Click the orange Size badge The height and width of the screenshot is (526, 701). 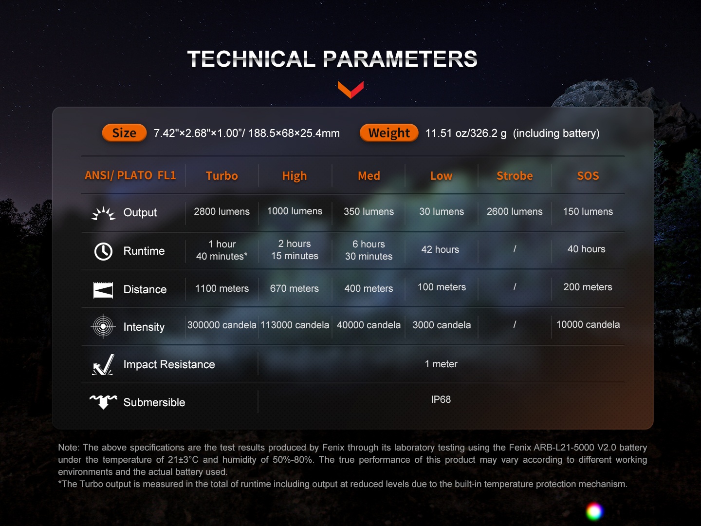(124, 133)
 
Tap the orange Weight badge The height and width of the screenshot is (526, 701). (389, 133)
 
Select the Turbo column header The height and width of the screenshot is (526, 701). (221, 176)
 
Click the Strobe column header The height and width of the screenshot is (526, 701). (515, 176)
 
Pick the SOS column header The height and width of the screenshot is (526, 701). (588, 176)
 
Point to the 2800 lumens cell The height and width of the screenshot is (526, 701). (221, 211)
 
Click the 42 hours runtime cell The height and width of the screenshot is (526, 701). (440, 249)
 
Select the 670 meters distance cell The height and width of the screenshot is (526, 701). (294, 288)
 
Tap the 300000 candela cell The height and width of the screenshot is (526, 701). (221, 325)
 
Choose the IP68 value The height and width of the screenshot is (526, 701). (441, 399)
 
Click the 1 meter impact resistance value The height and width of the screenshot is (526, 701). (441, 364)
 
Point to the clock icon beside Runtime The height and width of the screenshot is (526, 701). (103, 251)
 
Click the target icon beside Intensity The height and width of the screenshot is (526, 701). (103, 326)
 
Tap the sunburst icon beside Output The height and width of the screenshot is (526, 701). (103, 214)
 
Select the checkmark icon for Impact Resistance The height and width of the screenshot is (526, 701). (103, 365)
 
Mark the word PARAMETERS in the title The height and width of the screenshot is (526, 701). (400, 59)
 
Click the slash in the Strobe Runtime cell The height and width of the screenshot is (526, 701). (515, 249)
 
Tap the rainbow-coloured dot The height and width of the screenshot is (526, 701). (594, 511)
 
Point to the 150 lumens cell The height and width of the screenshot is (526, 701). (588, 211)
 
